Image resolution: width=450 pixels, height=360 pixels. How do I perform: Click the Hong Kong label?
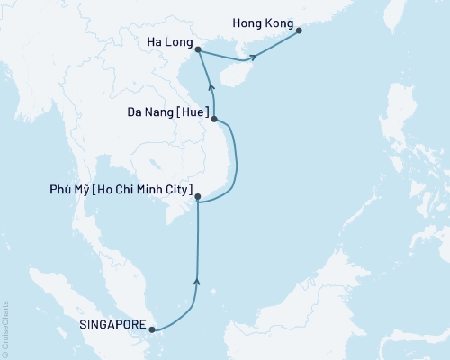tap(263, 18)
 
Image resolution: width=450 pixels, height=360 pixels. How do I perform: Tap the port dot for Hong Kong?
tap(299, 31)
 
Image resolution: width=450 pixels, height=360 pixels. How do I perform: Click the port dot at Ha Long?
tap(198, 51)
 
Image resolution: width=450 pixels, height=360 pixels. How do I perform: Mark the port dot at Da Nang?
tap(213, 117)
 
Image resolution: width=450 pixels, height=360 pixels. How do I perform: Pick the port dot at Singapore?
tap(152, 328)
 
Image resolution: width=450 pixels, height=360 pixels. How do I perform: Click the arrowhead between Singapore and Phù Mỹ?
tap(197, 283)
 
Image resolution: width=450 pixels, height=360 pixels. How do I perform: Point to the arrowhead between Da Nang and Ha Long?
tap(211, 87)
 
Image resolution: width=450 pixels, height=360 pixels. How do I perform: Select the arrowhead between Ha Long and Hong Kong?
tap(255, 58)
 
